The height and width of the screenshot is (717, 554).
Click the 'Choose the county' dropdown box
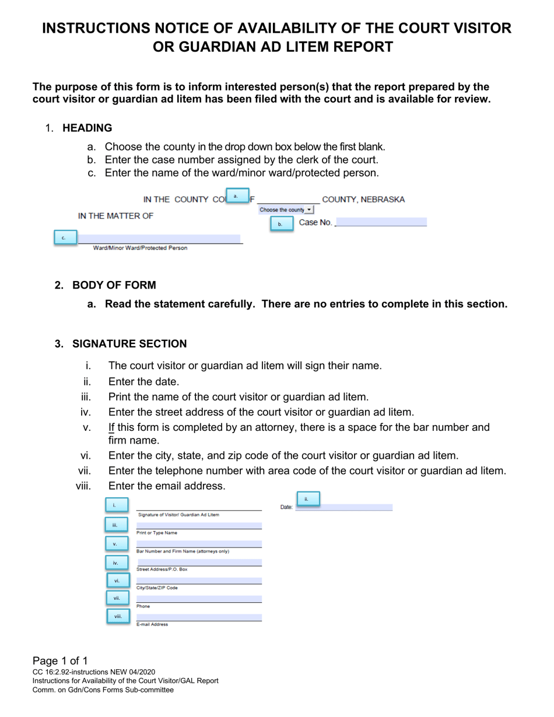click(x=286, y=210)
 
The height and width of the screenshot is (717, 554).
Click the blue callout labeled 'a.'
click(x=236, y=196)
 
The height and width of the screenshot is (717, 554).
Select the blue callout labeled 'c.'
click(x=65, y=238)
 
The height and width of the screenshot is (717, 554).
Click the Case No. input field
click(x=381, y=222)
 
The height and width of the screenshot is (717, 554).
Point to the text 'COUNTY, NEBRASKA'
click(x=363, y=199)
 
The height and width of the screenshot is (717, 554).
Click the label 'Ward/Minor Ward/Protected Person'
click(x=141, y=248)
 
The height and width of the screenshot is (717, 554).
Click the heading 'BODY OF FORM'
click(x=114, y=285)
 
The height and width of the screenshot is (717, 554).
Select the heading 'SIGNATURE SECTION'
click(x=129, y=344)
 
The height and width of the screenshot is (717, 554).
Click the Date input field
click(x=344, y=507)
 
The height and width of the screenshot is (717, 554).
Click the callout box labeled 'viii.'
click(x=118, y=616)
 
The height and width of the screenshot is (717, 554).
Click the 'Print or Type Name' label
click(x=157, y=533)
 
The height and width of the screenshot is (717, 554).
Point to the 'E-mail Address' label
click(x=152, y=624)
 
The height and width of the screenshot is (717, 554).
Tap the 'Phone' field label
click(x=143, y=606)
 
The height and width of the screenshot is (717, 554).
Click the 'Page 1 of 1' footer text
click(x=60, y=661)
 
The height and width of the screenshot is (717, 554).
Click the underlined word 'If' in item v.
click(x=111, y=427)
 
